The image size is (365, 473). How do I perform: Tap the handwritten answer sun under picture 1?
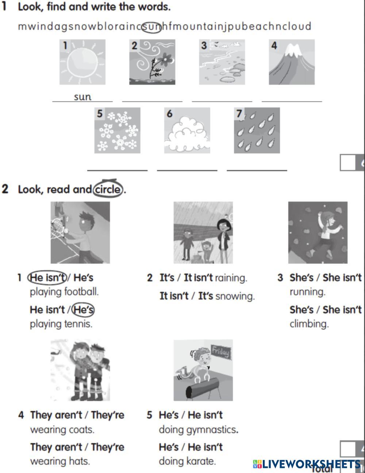point(82,97)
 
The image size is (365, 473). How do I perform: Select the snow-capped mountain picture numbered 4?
point(292,62)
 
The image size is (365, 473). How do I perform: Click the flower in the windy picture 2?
point(166,58)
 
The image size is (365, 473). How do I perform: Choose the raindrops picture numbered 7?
point(257,130)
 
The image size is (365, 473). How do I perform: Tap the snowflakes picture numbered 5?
point(117,130)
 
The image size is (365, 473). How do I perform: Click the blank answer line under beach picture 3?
point(222,101)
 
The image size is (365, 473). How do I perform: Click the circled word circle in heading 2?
point(108,189)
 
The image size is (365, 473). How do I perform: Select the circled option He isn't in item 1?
point(47,277)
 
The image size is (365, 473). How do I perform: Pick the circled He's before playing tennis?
point(83,310)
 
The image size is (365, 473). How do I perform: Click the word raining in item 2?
point(231,278)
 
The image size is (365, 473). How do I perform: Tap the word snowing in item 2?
point(235,296)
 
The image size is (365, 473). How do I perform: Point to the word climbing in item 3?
point(309,324)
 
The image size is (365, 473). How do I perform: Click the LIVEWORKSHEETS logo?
point(307,464)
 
